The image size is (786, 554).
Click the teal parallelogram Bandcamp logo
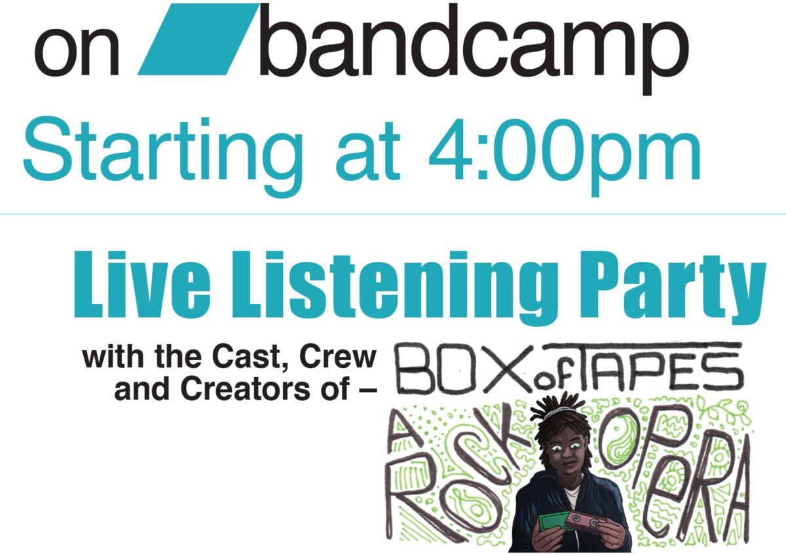click(x=198, y=39)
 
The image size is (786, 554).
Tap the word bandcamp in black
click(x=474, y=49)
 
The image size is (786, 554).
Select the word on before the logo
click(x=77, y=52)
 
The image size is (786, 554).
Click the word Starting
click(x=163, y=156)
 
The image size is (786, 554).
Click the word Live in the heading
click(x=143, y=284)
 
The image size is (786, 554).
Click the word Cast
click(x=249, y=358)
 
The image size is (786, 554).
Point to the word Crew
click(x=337, y=357)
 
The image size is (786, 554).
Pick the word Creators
click(x=246, y=389)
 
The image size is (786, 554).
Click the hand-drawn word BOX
click(x=463, y=369)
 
